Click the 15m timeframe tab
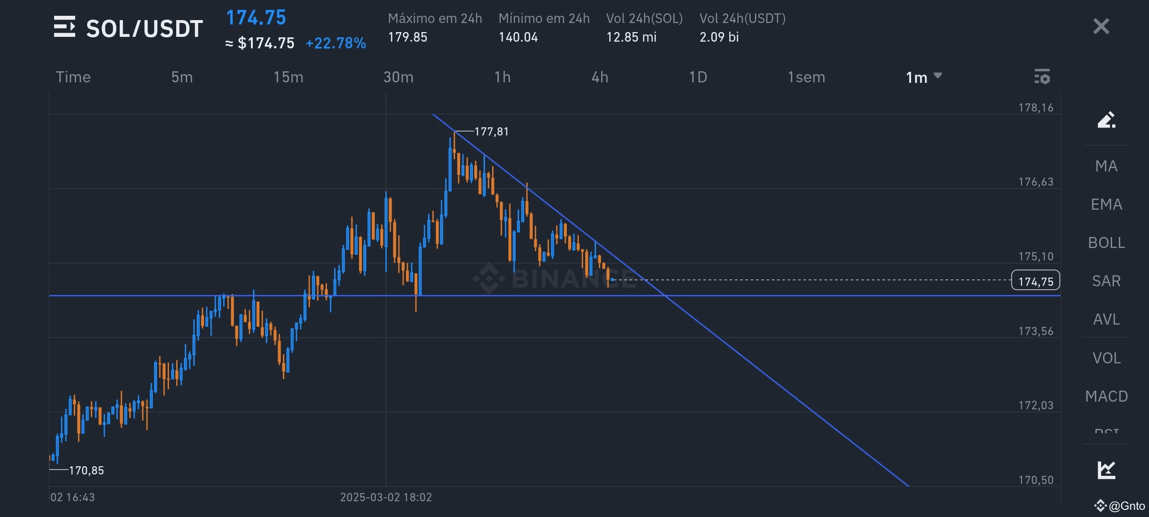288,77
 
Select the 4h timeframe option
600,77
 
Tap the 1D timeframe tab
698,77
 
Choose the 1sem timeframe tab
806,77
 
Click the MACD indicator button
1106,396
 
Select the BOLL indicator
1106,243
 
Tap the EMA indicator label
1106,204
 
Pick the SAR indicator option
1106,281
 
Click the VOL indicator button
1106,358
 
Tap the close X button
1101,26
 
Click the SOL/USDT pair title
144,29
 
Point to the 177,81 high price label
491,132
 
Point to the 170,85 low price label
86,471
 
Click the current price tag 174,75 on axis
1036,281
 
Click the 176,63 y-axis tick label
1036,182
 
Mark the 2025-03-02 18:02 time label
386,497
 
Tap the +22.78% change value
336,44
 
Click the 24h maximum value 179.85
407,37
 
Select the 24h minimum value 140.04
518,37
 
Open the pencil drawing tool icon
1106,120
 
